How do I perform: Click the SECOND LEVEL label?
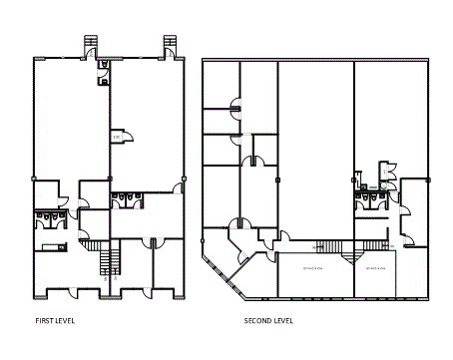tap(268, 321)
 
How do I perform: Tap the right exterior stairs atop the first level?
tap(168, 44)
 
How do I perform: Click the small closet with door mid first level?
tap(117, 137)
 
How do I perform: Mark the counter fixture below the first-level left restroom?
tap(50, 246)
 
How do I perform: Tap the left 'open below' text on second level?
tap(304, 267)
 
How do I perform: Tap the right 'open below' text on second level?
tap(375, 267)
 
